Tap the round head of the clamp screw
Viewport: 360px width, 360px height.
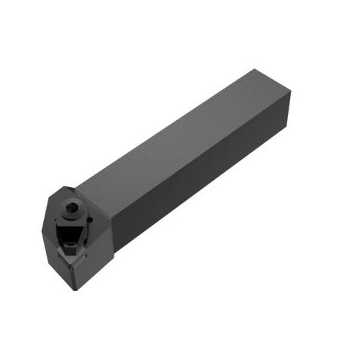click(71, 204)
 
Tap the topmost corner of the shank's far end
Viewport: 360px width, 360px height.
click(253, 70)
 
